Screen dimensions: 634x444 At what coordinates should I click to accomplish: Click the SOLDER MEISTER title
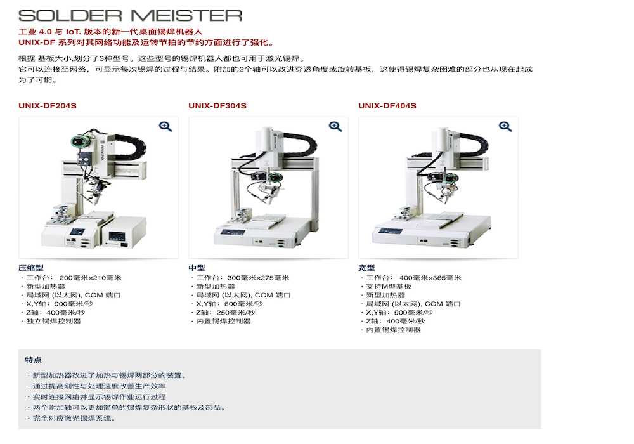[x=130, y=16]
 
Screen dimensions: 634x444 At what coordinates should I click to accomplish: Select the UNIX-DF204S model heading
[x=48, y=106]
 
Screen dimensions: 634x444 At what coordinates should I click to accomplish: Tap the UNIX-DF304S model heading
[x=217, y=106]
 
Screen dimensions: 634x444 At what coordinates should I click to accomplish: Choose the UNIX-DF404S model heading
[x=387, y=106]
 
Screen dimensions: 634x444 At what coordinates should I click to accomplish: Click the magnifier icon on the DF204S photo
[x=165, y=127]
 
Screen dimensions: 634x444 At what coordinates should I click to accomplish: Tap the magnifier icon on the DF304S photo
[x=335, y=127]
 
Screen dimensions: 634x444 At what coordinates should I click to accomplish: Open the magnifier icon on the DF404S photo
[x=505, y=127]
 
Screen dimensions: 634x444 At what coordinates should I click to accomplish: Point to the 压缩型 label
[x=30, y=268]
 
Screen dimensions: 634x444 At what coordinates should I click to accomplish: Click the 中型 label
[x=197, y=268]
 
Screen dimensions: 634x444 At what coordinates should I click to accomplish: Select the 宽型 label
[x=366, y=268]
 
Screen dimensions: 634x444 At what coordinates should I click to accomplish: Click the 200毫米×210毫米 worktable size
[x=90, y=278]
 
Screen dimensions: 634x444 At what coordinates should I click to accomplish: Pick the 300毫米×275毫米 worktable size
[x=258, y=278]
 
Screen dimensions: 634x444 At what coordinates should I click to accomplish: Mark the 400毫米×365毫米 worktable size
[x=430, y=278]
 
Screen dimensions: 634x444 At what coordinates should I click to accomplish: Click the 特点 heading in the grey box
[x=33, y=360]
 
